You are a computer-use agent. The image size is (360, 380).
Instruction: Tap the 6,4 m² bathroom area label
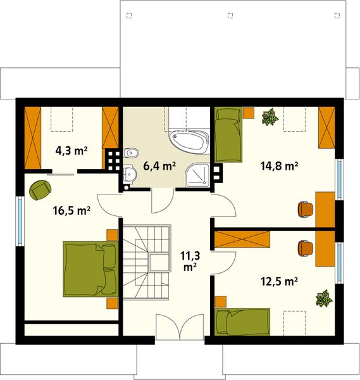click(159, 167)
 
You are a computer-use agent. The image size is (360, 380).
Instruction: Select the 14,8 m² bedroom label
click(278, 167)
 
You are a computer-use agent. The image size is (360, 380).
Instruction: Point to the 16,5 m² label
click(71, 212)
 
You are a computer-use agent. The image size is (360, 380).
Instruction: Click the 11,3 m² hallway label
click(188, 262)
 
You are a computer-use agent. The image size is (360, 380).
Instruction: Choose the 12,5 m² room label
click(278, 280)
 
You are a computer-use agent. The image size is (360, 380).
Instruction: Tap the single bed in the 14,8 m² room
click(228, 134)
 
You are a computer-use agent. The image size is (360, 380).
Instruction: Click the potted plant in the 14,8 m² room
click(270, 117)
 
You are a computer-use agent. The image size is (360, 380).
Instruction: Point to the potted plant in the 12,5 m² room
click(324, 298)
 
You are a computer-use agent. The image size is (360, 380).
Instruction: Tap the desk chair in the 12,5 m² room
click(306, 248)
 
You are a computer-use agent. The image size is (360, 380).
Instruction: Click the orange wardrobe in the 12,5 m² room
click(243, 239)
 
